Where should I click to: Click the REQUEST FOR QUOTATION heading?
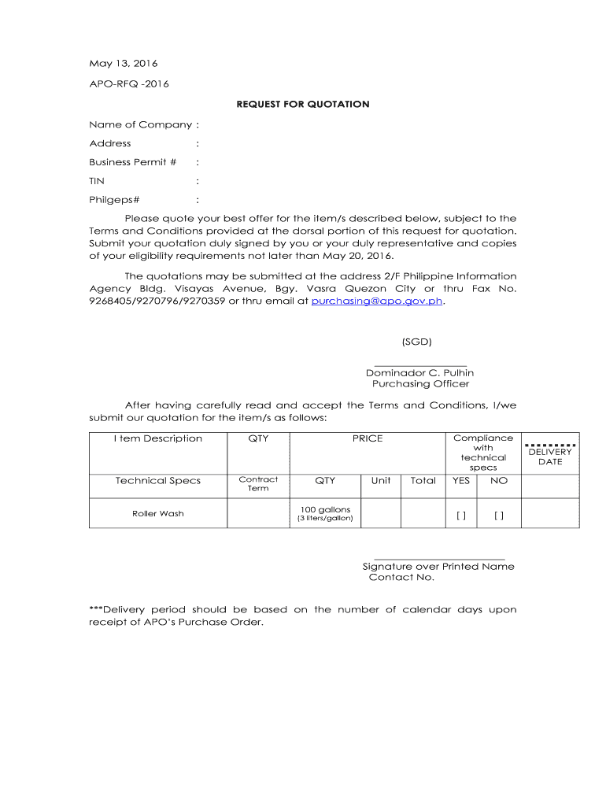(304, 104)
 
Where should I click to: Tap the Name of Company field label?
(141, 124)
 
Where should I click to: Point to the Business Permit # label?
(132, 162)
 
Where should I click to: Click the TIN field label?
(97, 181)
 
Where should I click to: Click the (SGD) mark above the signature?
(416, 342)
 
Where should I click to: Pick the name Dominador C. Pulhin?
(419, 372)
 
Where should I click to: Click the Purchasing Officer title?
(420, 384)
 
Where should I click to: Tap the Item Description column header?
(157, 438)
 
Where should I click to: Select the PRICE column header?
(368, 438)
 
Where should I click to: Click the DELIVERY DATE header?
(550, 457)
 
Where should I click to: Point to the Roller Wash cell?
(157, 514)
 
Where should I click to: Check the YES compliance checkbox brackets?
(461, 516)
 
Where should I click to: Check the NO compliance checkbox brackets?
(499, 516)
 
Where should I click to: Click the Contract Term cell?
(258, 483)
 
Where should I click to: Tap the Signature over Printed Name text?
(438, 566)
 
